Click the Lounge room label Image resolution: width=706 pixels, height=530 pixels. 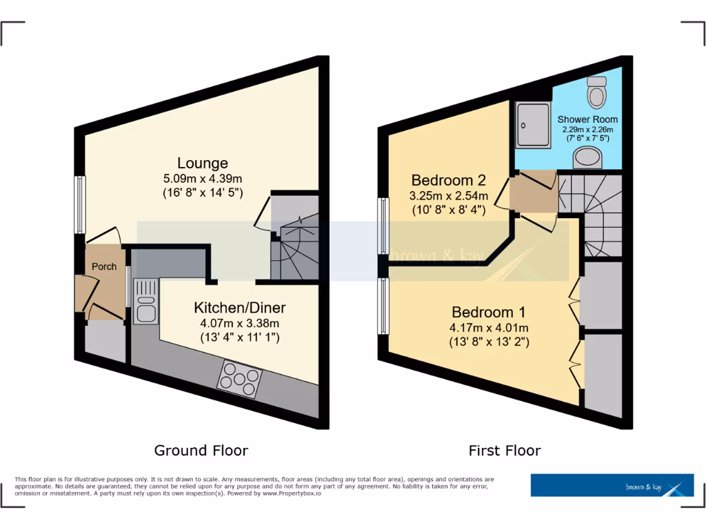click(x=202, y=164)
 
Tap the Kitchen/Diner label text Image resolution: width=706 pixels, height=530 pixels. click(x=239, y=308)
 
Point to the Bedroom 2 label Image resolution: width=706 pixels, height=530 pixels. click(x=449, y=181)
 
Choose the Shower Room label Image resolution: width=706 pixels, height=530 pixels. click(x=587, y=119)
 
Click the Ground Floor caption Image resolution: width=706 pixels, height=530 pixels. click(x=201, y=451)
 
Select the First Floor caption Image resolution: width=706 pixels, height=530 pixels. click(x=505, y=451)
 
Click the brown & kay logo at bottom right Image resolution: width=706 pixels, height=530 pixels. click(x=612, y=485)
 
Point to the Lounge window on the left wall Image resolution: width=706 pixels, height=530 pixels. click(x=80, y=204)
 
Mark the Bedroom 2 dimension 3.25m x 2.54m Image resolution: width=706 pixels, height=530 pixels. click(x=449, y=196)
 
